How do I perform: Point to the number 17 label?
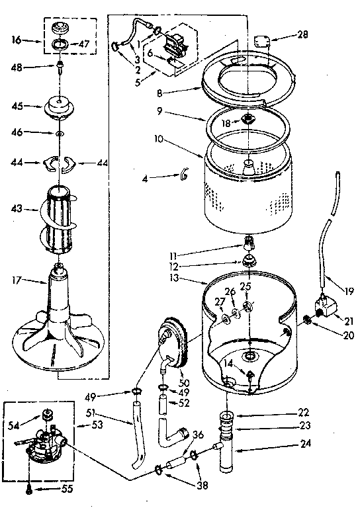pos(18,280)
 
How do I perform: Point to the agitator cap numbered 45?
pos(60,105)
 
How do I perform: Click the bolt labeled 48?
pos(59,67)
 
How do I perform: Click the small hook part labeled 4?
pos(184,175)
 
